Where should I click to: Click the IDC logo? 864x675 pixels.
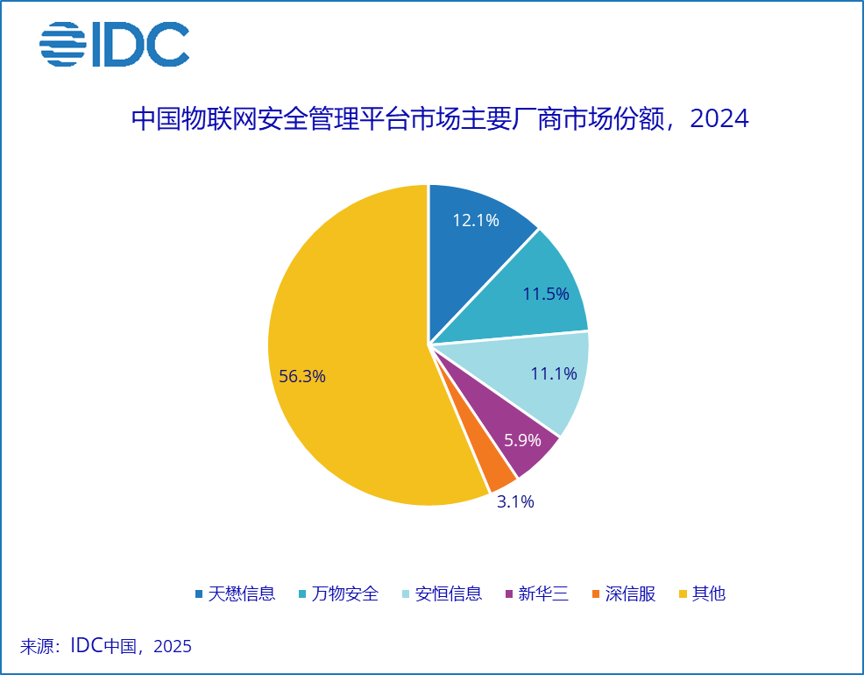[x=115, y=44]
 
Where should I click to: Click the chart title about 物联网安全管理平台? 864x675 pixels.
[x=438, y=118]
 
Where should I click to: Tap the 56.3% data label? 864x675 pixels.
[x=302, y=377]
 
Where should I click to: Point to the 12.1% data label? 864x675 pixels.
[x=476, y=220]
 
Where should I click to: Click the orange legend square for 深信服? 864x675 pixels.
[x=597, y=594]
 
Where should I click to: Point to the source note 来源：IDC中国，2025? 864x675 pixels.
[x=106, y=647]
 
